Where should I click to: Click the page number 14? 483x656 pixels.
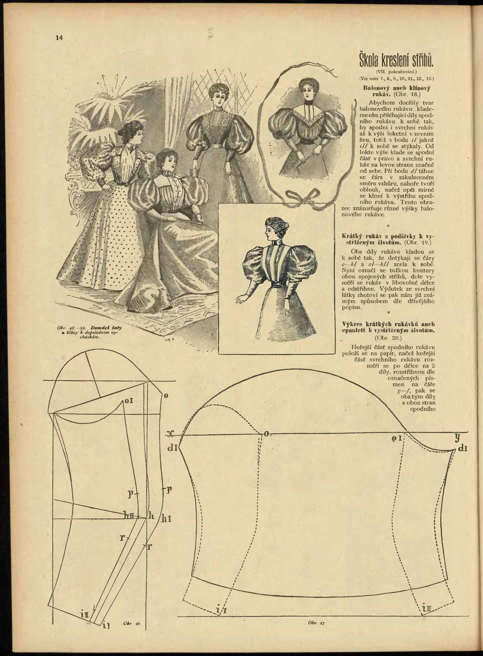point(59,38)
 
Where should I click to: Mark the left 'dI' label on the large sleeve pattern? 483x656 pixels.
point(172,448)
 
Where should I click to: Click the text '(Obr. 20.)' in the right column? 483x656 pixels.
point(388,338)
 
